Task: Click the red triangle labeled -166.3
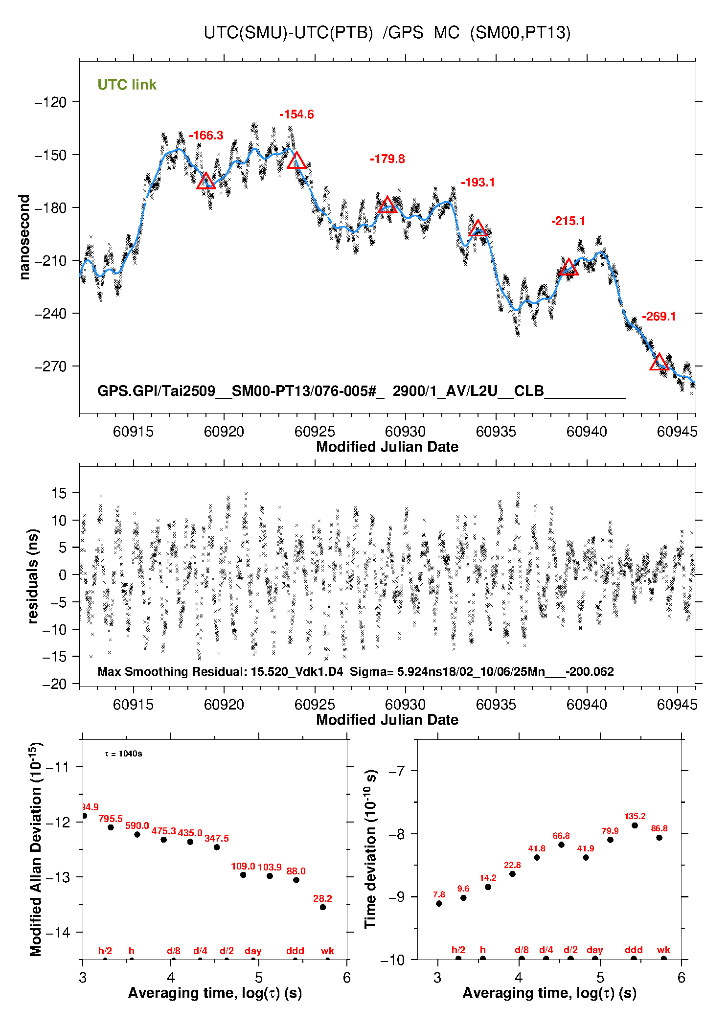tap(206, 181)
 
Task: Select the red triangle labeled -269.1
tap(659, 362)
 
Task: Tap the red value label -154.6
tap(296, 114)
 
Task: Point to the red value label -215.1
tap(568, 221)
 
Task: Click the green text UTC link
tap(127, 85)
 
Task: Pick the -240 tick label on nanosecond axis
tap(50, 313)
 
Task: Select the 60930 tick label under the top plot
tap(405, 432)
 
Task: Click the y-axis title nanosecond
tap(24, 237)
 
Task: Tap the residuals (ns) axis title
tap(33, 576)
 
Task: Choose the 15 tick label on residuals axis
tap(58, 493)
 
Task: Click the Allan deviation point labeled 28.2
tap(323, 907)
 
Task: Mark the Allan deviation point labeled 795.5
tap(111, 827)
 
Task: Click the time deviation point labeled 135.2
tap(635, 825)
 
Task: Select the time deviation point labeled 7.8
tap(439, 903)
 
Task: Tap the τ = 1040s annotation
tap(123, 754)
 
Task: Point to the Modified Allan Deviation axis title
tap(35, 849)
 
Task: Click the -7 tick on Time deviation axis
tap(398, 772)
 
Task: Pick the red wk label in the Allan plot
tap(327, 951)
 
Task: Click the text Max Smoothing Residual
tap(171, 671)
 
